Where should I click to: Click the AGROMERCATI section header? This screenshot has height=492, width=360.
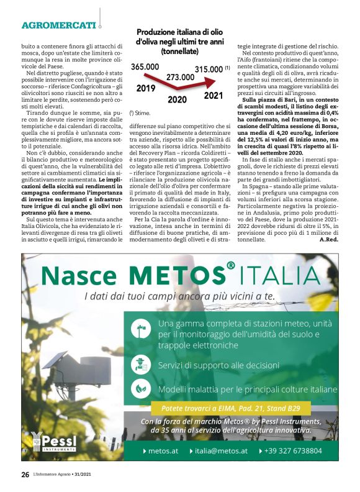pos(59,25)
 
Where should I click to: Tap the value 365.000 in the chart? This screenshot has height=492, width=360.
pos(145,66)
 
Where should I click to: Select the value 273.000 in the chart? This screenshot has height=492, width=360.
pos(179,77)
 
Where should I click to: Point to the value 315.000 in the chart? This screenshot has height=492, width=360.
pos(209,69)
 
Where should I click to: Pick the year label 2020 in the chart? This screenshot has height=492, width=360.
pos(177,99)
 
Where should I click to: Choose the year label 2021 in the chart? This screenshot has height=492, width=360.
pos(213,96)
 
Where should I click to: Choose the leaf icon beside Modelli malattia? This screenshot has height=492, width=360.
pos(142,389)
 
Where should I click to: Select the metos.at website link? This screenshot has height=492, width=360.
pos(164,451)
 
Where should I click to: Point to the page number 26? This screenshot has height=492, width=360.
pos(25,474)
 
